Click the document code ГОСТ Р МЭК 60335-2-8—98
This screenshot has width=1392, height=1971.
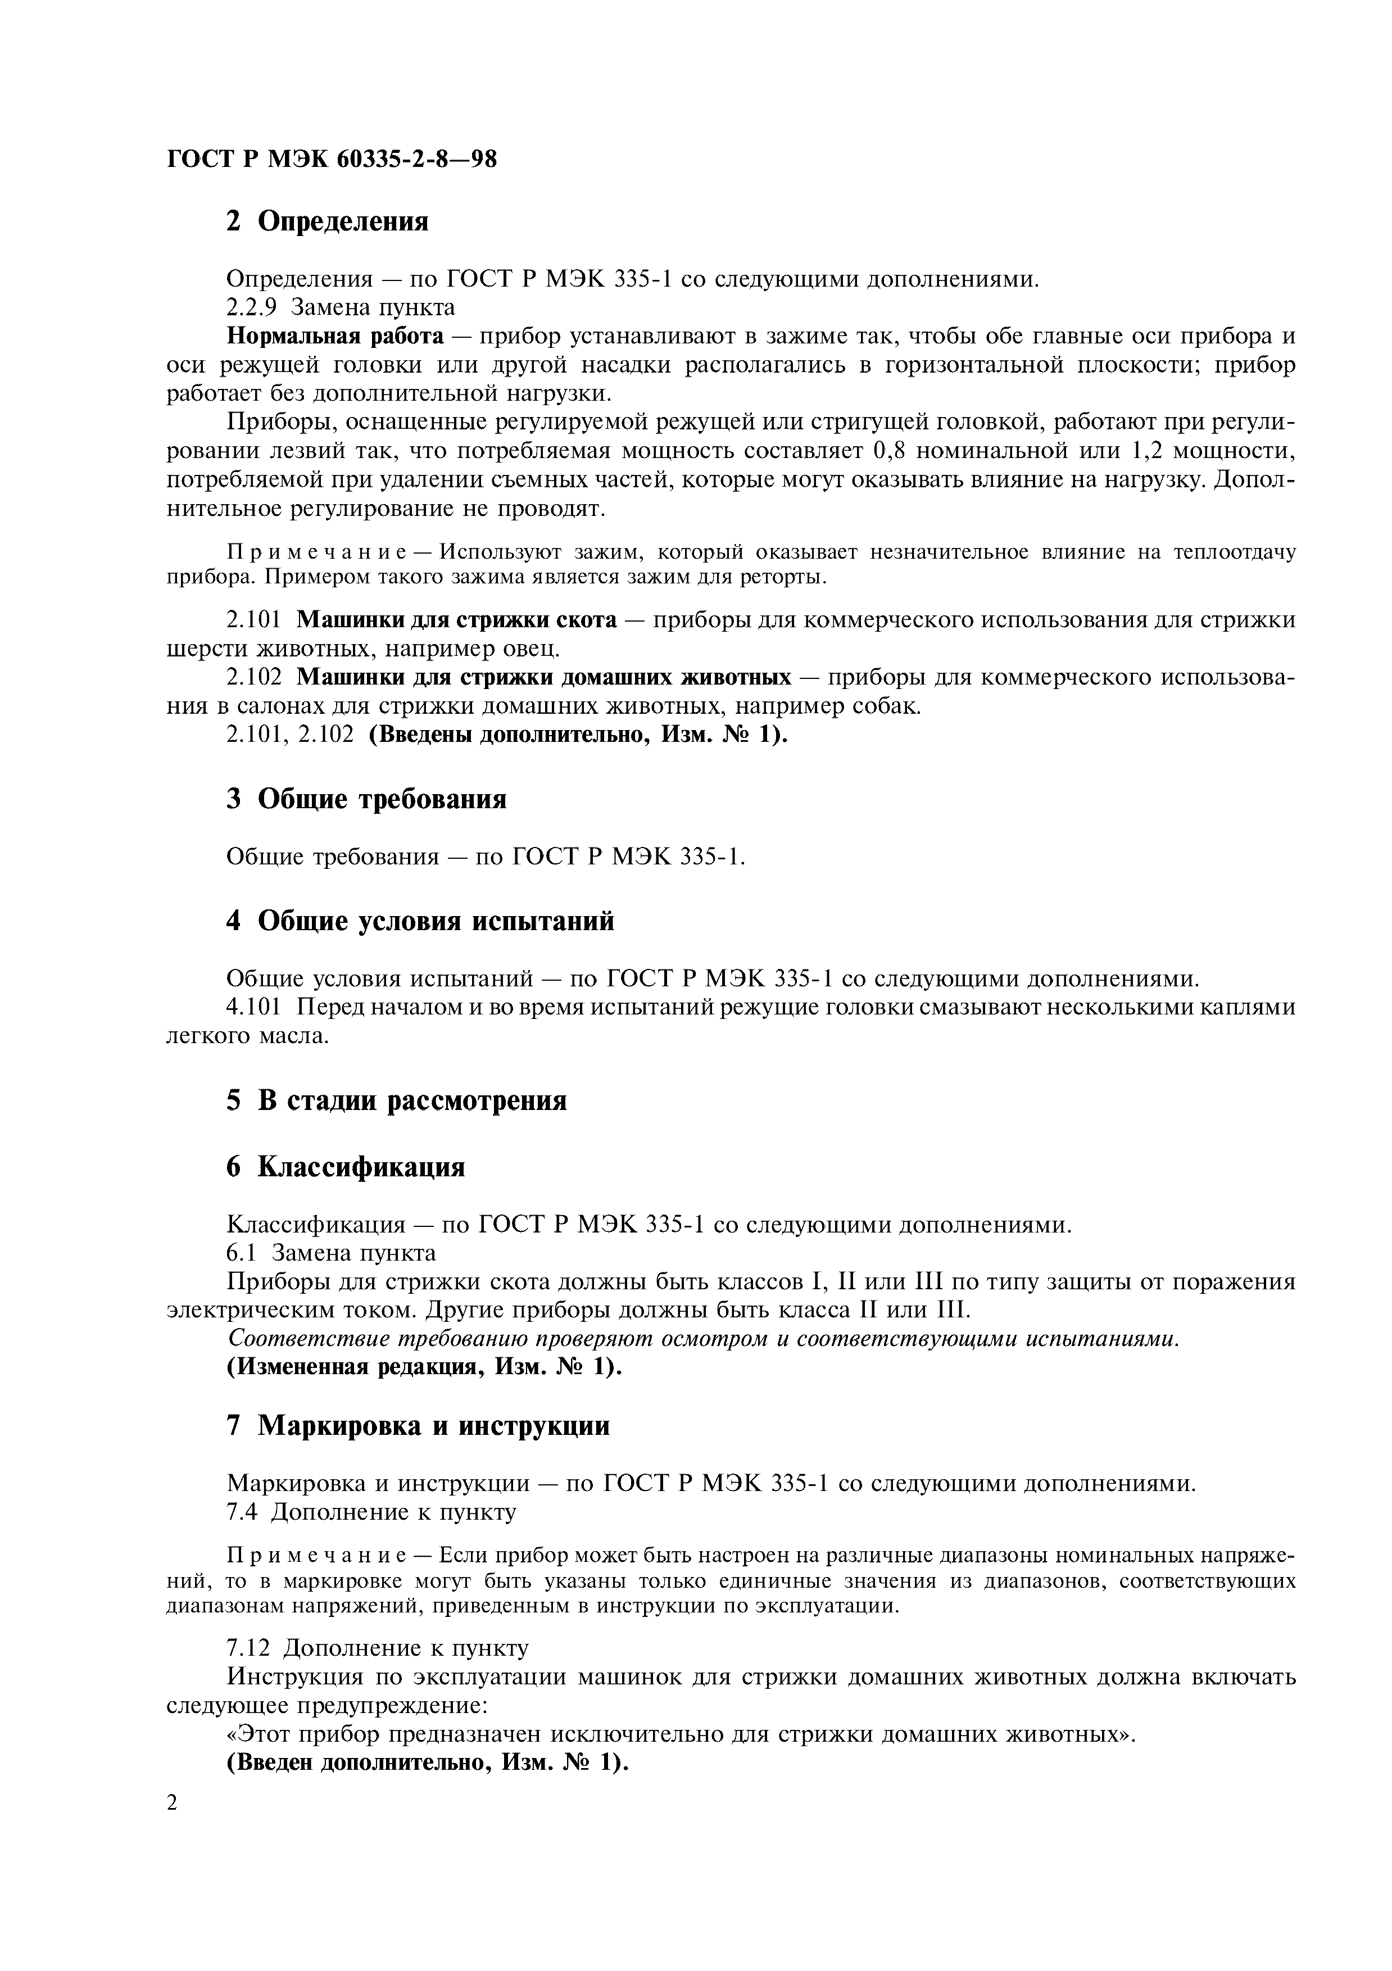tap(331, 159)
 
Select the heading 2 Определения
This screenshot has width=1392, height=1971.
tap(327, 221)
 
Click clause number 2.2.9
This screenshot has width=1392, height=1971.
tap(252, 306)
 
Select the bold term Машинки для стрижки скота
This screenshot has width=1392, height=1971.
tap(456, 620)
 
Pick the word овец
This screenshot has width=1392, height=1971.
tap(536, 648)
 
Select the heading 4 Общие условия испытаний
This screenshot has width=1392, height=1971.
tap(420, 921)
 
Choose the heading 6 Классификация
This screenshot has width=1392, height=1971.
tap(346, 1167)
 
